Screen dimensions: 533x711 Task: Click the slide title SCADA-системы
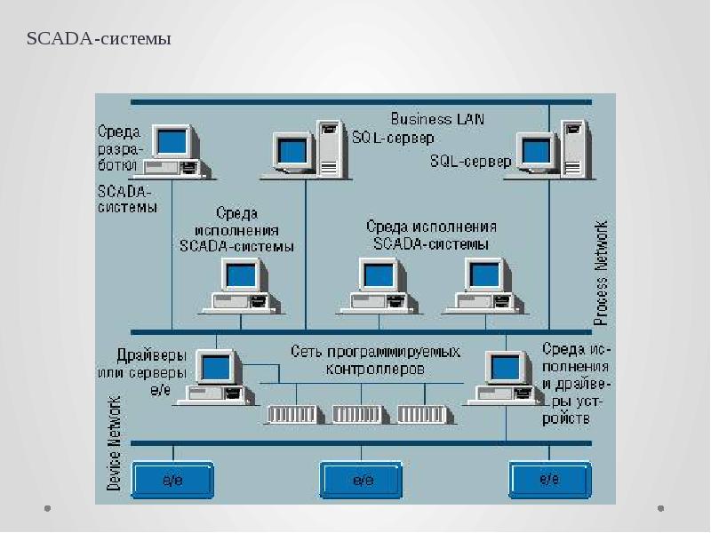tap(98, 39)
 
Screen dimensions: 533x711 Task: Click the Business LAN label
tap(437, 118)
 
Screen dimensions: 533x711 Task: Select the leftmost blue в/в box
tap(172, 480)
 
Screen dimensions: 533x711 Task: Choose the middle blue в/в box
tap(362, 480)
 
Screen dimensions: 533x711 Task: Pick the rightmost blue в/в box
tap(549, 480)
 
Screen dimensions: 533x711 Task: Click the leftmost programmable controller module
tap(292, 414)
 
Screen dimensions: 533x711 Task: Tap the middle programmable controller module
tap(357, 414)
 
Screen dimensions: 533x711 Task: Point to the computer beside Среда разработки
tap(175, 151)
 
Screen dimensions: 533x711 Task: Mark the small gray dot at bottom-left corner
tap(48, 509)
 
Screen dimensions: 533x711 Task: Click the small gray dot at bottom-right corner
tap(661, 509)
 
